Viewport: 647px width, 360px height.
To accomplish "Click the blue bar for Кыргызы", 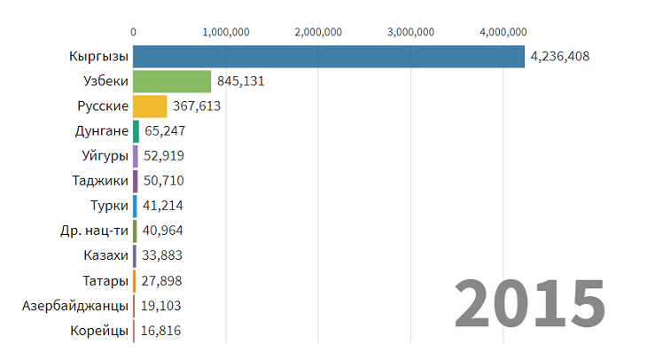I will point(328,57).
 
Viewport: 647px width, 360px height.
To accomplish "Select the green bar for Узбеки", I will point(172,82).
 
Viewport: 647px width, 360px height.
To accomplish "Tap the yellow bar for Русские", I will point(150,106).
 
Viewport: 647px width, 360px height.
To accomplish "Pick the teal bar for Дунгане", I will point(136,131).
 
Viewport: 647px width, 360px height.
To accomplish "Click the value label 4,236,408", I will point(559,57).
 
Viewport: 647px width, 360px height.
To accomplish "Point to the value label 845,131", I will point(240,82).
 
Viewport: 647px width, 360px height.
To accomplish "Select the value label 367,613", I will point(196,106).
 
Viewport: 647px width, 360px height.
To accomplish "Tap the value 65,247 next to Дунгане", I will point(164,131).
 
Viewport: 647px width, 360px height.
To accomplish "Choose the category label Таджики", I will point(100,181).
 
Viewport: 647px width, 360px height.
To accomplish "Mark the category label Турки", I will point(109,207).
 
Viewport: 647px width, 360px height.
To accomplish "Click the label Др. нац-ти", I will point(94,231).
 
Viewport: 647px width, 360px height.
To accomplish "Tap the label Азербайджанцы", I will point(75,306).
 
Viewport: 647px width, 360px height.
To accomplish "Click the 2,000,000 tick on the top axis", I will point(318,32).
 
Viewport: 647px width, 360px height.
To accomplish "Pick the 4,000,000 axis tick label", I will point(503,32).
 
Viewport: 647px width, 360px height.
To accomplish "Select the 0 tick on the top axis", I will point(133,32).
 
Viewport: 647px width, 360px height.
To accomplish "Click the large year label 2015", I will point(530,303).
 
